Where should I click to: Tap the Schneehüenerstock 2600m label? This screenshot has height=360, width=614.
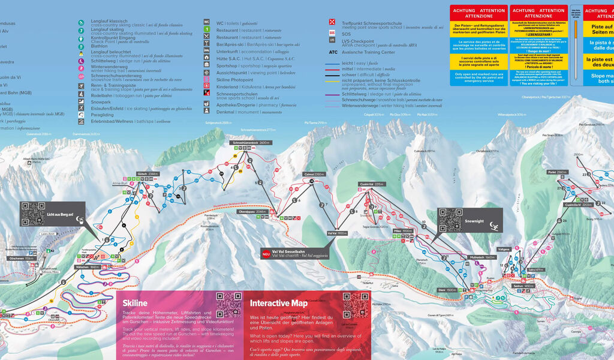pyautogui.click(x=248, y=143)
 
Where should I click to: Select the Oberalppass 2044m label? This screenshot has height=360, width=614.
pyautogui.click(x=252, y=212)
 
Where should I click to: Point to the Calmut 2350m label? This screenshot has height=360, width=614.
pyautogui.click(x=314, y=174)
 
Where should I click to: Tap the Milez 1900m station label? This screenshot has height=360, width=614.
pyautogui.click(x=403, y=230)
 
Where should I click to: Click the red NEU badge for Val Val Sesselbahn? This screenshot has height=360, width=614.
pyautogui.click(x=265, y=254)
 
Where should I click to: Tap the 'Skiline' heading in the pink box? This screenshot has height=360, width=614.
pyautogui.click(x=135, y=303)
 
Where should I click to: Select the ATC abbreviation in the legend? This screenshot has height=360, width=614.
pyautogui.click(x=333, y=52)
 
